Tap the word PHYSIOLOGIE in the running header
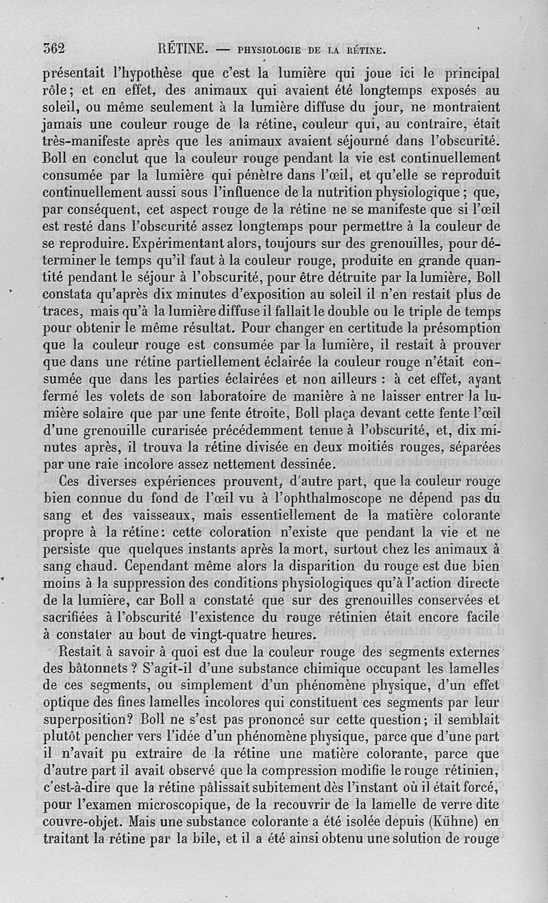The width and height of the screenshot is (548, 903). click(272, 49)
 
